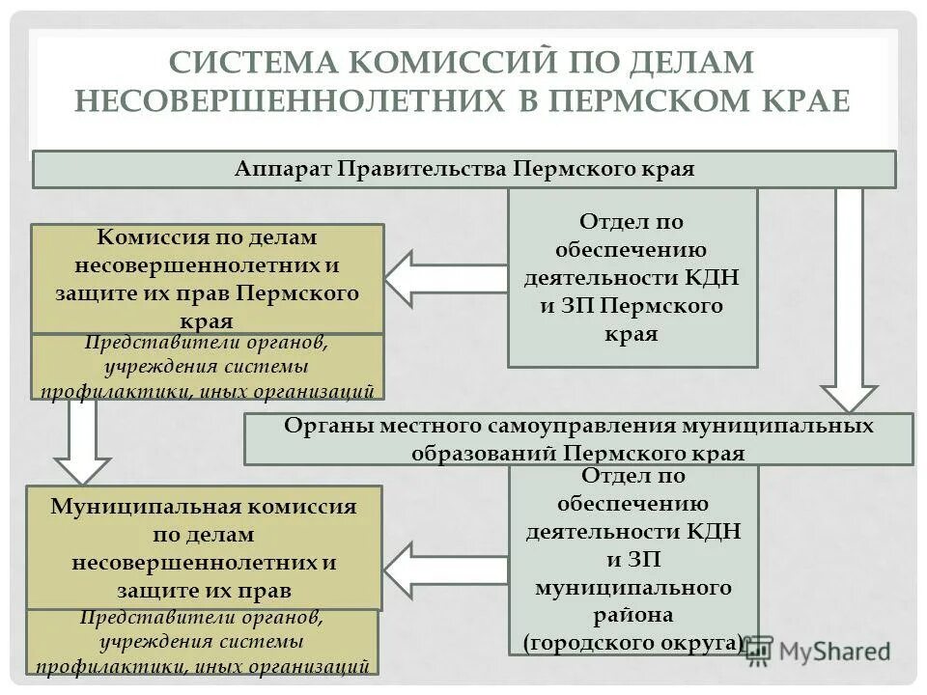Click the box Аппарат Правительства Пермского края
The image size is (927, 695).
pyautogui.click(x=464, y=169)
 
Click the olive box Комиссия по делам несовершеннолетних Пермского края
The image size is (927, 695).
pyautogui.click(x=208, y=279)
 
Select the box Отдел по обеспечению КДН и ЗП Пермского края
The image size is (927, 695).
pyautogui.click(x=632, y=278)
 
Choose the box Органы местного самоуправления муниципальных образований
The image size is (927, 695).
pyautogui.click(x=578, y=439)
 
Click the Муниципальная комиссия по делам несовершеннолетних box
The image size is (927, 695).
pyautogui.click(x=204, y=547)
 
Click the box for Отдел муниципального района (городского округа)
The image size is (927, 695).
pyautogui.click(x=633, y=560)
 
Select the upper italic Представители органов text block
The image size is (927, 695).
pyautogui.click(x=208, y=367)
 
